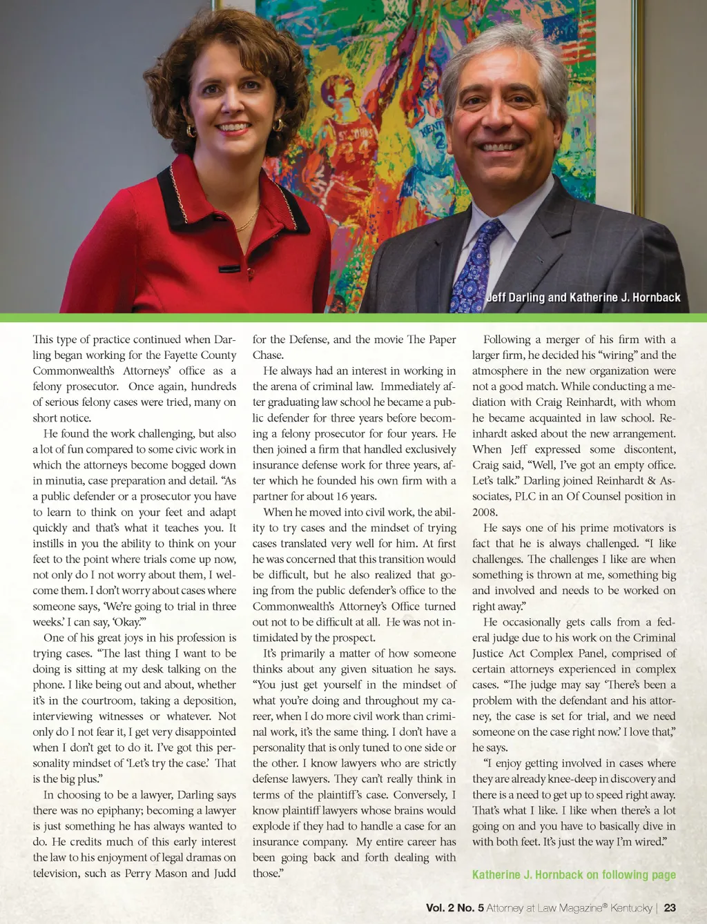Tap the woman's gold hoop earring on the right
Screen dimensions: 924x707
tap(279, 125)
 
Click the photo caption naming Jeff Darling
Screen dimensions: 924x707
tap(583, 297)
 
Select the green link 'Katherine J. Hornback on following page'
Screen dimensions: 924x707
tap(574, 874)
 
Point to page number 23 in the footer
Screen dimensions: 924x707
tap(670, 907)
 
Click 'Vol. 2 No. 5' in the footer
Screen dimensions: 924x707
tap(454, 907)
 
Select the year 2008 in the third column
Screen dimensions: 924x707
tap(485, 512)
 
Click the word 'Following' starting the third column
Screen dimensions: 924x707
tap(507, 339)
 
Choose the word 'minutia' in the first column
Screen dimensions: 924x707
tap(64, 480)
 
